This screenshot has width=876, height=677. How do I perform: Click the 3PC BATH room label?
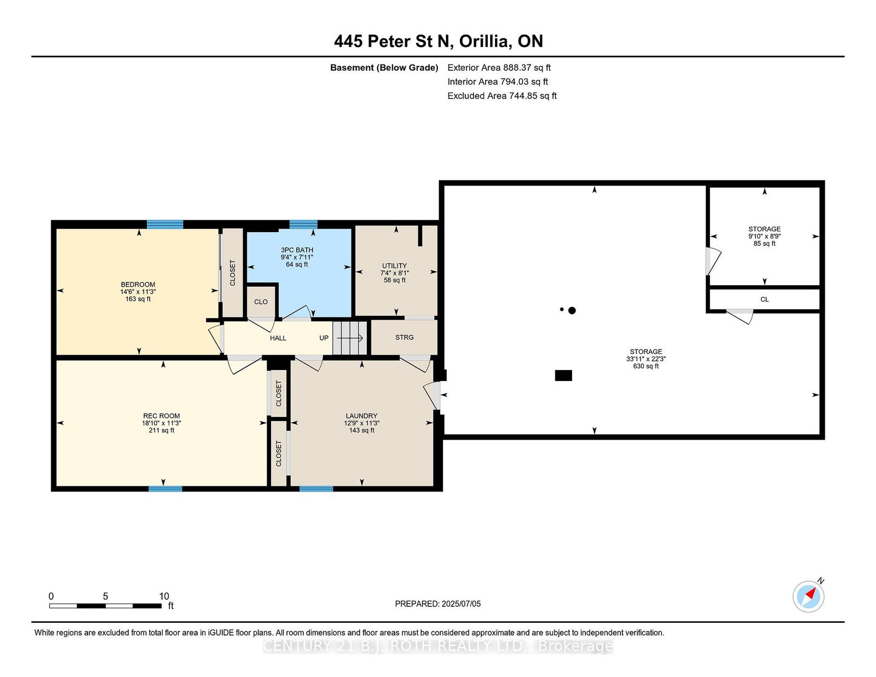click(297, 250)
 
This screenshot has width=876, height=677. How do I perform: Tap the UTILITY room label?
click(394, 265)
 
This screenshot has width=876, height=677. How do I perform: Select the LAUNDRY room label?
click(361, 416)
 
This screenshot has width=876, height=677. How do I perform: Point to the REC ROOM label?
click(162, 416)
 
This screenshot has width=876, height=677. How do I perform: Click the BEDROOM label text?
click(138, 285)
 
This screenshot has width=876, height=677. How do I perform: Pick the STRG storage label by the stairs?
click(405, 337)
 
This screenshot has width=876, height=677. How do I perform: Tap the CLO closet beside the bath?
click(261, 302)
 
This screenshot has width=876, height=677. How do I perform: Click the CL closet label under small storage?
click(764, 299)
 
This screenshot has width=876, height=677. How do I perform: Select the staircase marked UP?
click(350, 338)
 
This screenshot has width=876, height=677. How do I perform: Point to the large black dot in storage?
click(572, 310)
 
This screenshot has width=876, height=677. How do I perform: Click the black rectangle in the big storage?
click(563, 375)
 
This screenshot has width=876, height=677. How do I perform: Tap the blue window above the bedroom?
click(165, 224)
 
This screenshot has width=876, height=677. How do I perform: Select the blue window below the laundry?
click(316, 489)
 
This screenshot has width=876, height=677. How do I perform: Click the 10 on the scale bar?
click(164, 596)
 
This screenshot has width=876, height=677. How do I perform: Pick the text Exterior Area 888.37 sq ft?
click(499, 68)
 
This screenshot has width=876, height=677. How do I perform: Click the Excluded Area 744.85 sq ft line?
click(502, 96)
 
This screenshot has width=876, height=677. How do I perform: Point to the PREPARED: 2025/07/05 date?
click(438, 604)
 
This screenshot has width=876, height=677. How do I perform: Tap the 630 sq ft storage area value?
click(646, 366)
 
